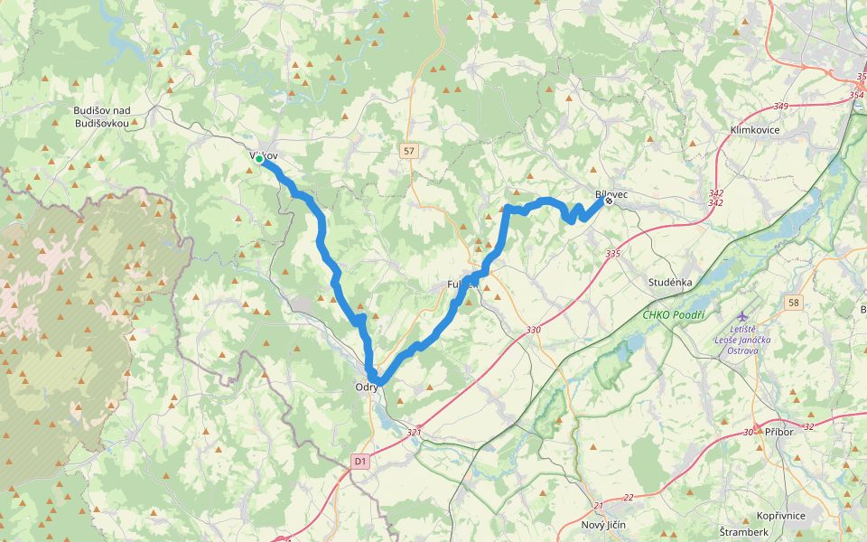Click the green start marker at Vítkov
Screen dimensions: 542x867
tap(259, 159)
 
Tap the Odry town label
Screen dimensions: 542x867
tap(367, 388)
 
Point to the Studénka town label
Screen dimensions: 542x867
tap(670, 282)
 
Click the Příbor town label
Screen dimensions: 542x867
tap(778, 432)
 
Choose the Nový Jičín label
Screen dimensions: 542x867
tap(604, 525)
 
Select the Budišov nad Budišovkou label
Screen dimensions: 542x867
tap(102, 117)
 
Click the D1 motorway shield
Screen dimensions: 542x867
tap(360, 462)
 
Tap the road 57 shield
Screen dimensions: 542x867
tap(410, 152)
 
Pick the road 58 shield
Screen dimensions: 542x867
tap(793, 302)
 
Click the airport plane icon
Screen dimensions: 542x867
tap(743, 315)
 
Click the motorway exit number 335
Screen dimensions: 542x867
tap(613, 254)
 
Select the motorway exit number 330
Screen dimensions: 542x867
tap(534, 330)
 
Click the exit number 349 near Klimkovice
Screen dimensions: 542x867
tap(780, 107)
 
